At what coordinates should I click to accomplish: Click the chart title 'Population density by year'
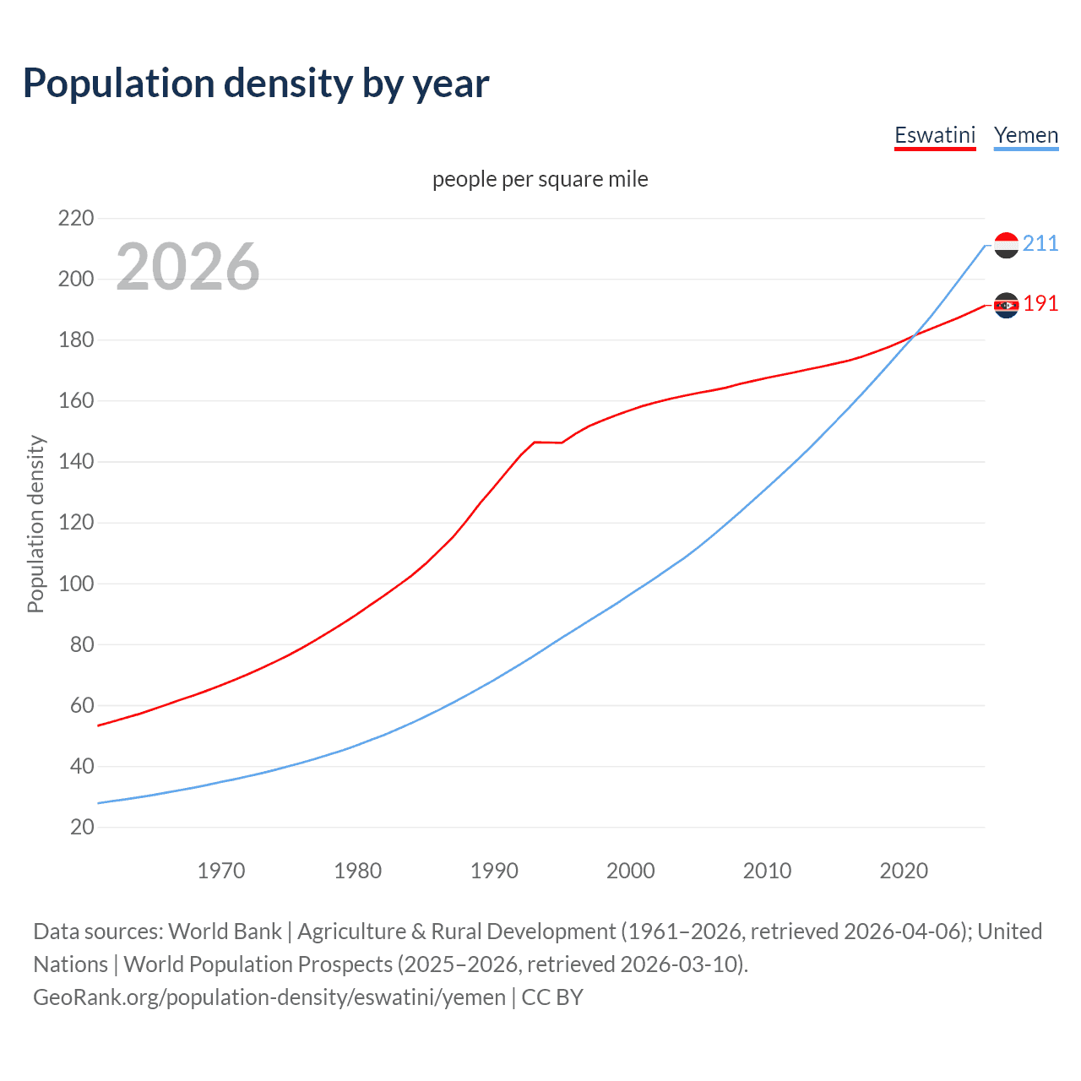(x=256, y=84)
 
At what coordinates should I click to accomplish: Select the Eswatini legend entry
(x=935, y=135)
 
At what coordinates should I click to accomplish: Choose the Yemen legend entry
(x=1026, y=135)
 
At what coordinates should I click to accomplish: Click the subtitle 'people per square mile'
(x=540, y=179)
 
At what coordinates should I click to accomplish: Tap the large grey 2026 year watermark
(x=187, y=267)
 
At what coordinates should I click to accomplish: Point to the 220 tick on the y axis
(x=76, y=219)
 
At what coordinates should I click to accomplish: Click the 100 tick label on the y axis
(x=76, y=584)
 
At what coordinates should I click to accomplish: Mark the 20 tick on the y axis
(x=82, y=827)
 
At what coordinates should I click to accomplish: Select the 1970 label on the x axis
(x=221, y=871)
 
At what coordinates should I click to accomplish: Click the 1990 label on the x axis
(x=494, y=871)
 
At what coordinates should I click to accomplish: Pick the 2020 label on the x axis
(x=904, y=871)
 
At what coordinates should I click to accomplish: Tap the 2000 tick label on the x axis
(x=631, y=871)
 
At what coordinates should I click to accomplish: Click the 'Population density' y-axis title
(x=35, y=524)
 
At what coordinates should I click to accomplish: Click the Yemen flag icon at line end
(x=1006, y=245)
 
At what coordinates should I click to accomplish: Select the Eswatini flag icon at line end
(x=1006, y=305)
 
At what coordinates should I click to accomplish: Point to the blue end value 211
(x=1040, y=244)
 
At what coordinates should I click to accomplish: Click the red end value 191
(x=1040, y=304)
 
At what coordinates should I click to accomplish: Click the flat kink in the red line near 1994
(x=547, y=443)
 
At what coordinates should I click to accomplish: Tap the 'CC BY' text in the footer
(x=552, y=997)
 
